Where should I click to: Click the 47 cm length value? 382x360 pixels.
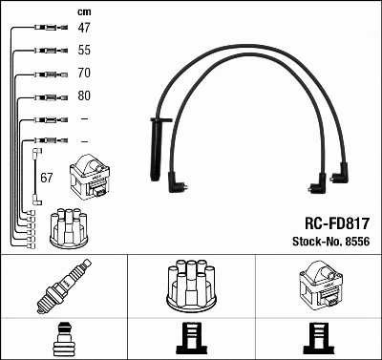coord(84,29)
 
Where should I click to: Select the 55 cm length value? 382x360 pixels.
coord(84,51)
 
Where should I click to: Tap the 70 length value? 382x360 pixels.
coord(84,73)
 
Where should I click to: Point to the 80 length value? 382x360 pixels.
coord(84,96)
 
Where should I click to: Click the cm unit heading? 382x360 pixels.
coord(84,12)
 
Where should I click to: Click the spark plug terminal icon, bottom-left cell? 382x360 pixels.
coord(64,339)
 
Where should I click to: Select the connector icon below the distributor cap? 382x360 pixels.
coord(191,339)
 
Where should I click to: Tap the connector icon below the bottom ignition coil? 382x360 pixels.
coord(318,339)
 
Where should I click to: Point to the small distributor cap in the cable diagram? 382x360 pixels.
coord(70,226)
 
